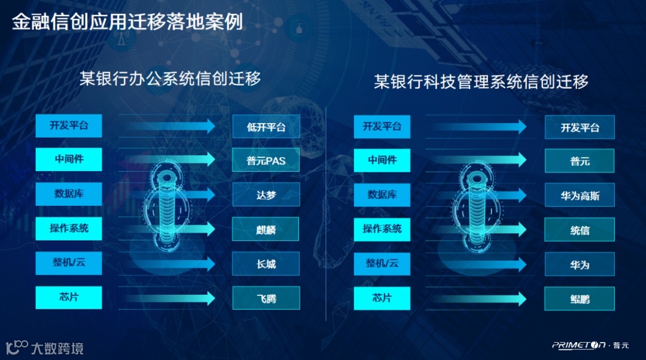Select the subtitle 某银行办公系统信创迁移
tap(170, 78)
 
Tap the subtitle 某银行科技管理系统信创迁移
tap(481, 81)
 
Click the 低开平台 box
tap(266, 127)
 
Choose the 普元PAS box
tap(266, 160)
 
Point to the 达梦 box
tap(266, 195)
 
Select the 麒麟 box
tap(266, 229)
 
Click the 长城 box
tap(266, 264)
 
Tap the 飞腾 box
tap(266, 298)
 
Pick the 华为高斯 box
tap(579, 195)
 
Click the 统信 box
tap(579, 229)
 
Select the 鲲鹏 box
tap(579, 298)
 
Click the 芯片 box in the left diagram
tap(68, 297)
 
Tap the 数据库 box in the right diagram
tap(382, 194)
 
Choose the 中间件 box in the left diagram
tap(68, 160)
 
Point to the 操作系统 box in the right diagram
tap(382, 228)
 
